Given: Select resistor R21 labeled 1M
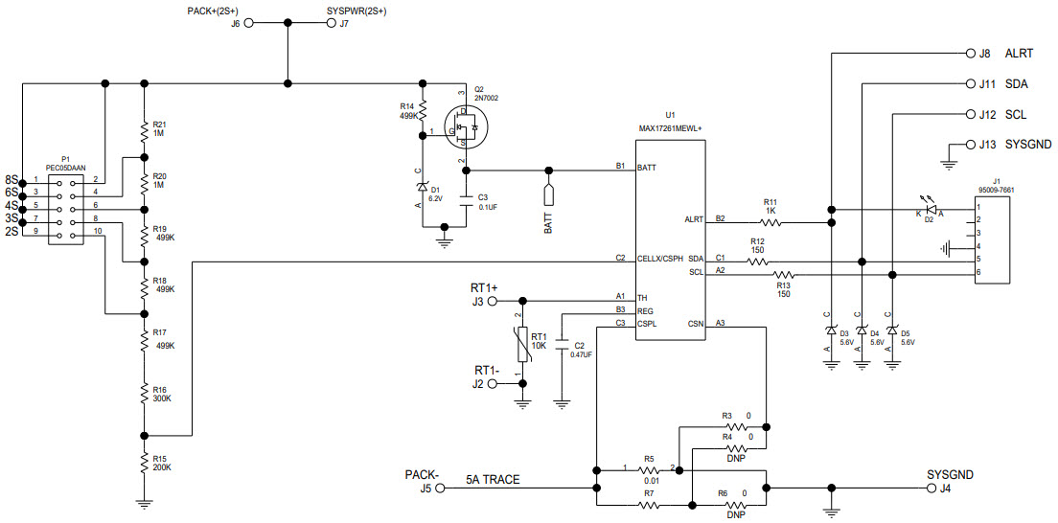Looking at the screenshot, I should [144, 130].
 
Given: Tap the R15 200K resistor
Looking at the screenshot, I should [144, 462].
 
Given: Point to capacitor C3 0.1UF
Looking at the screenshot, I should [466, 201].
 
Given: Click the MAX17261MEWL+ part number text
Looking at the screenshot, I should [671, 127].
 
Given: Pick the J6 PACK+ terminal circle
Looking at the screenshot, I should [250, 25].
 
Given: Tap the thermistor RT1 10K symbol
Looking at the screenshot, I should [523, 343].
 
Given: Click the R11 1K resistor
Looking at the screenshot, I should [770, 221].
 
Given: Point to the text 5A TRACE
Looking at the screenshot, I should [493, 480].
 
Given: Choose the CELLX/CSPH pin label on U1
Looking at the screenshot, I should [660, 259].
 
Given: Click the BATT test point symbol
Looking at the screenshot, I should [549, 194].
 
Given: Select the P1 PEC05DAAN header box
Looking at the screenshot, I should [65, 206].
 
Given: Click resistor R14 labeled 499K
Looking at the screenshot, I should [423, 110].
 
